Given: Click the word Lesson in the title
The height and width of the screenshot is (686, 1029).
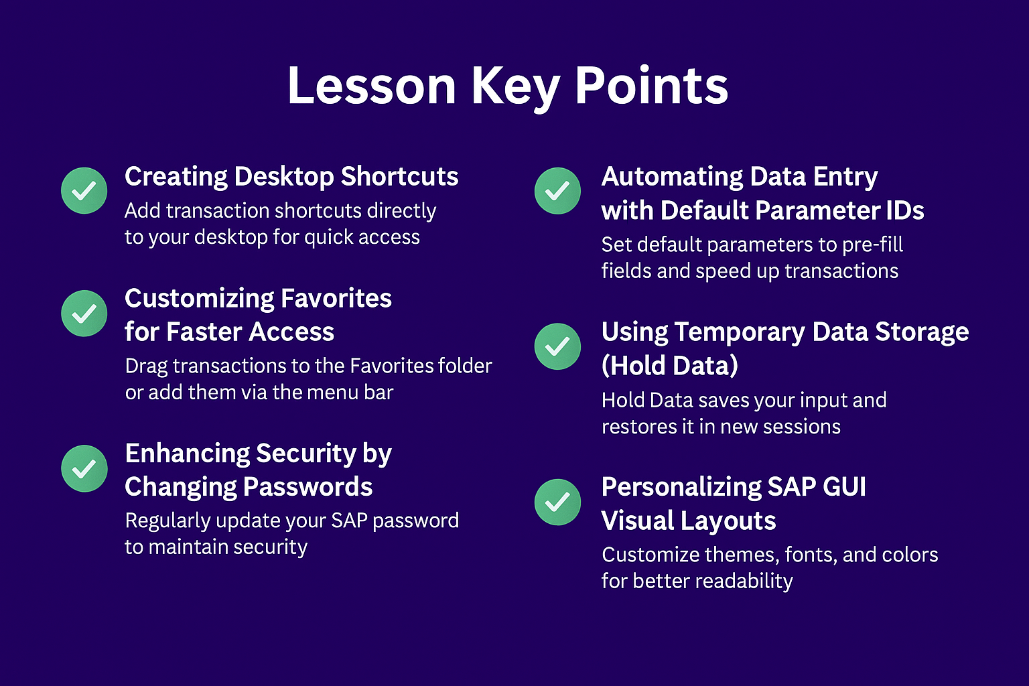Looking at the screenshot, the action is [x=372, y=86].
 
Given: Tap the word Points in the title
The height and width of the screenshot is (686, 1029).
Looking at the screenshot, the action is [x=651, y=86].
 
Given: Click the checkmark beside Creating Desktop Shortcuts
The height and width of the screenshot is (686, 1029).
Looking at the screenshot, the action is [x=84, y=191].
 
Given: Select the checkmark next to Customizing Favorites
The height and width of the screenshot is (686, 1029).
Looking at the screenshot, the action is [x=84, y=314].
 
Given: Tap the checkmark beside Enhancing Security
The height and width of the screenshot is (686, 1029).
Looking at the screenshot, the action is [x=84, y=469].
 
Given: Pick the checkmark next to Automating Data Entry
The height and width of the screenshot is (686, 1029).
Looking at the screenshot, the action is [x=557, y=191].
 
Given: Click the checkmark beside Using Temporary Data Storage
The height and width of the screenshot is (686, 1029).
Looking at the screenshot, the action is [x=557, y=346].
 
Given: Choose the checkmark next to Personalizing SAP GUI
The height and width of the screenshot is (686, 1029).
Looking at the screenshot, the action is [x=557, y=502].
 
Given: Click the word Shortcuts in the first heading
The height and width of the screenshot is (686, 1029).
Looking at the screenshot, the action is [x=400, y=177].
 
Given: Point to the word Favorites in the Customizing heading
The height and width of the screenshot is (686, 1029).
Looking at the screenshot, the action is [x=336, y=299].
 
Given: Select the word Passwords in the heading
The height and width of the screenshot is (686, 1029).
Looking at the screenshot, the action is [x=307, y=487].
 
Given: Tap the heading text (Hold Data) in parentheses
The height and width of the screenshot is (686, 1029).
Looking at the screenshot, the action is [x=670, y=366].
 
